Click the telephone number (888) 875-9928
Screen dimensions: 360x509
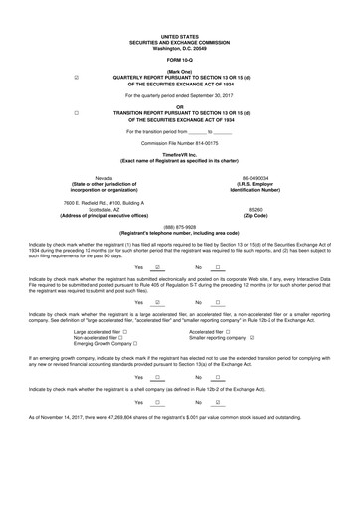(x=179, y=226)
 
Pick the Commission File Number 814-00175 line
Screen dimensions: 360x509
(x=179, y=142)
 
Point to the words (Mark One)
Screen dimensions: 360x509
(x=179, y=69)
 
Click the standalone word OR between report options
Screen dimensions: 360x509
(x=179, y=106)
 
